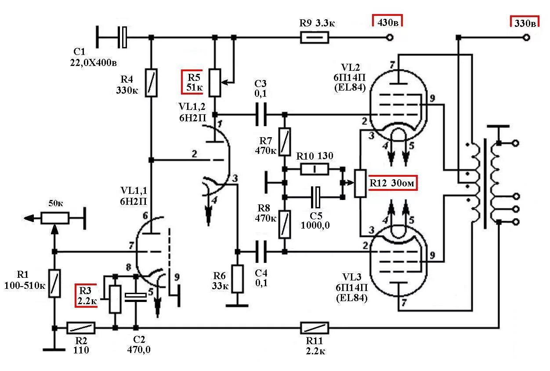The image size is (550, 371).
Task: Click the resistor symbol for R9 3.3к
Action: tap(315, 38)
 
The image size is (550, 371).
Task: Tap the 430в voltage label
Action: tap(388, 22)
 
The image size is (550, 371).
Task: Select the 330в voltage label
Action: tap(525, 23)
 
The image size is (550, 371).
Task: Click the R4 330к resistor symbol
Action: tap(151, 83)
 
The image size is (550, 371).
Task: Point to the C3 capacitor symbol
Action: tap(261, 114)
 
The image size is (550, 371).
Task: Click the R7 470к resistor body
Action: tap(285, 142)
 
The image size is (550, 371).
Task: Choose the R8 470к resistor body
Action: tap(285, 224)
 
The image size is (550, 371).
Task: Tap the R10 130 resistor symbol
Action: tap(315, 169)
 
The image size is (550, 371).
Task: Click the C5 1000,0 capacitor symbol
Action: tap(315, 197)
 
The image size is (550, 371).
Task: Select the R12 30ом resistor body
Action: tap(360, 183)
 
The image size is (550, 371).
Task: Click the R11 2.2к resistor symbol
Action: tap(315, 328)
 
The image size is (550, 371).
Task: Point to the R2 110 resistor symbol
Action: tap(81, 328)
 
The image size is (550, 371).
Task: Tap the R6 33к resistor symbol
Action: tap(237, 279)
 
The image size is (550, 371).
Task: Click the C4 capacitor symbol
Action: tap(261, 251)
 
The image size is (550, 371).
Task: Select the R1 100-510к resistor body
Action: tap(54, 284)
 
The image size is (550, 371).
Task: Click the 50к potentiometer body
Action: tap(55, 218)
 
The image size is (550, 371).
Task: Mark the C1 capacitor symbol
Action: tap(122, 37)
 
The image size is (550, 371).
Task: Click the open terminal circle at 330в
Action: tap(526, 38)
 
